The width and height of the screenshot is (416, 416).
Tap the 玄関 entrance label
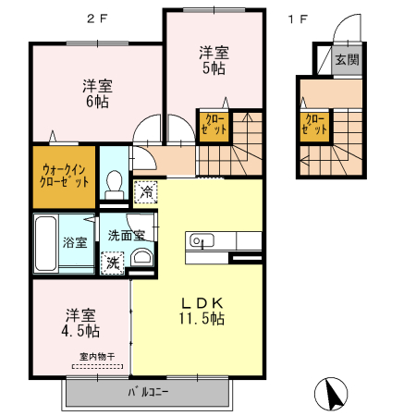coord(346,60)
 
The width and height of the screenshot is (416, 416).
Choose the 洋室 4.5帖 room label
coord(82,322)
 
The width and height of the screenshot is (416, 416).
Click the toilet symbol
coord(116,183)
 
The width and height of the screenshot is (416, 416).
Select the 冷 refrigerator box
coord(146,192)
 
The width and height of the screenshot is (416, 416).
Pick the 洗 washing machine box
coord(112,262)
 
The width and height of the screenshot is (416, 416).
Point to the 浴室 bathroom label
coord(75,243)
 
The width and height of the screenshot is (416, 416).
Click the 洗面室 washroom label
coord(126,235)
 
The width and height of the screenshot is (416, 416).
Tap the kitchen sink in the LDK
coord(202,241)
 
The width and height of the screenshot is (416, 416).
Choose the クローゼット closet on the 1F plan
coord(314,124)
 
